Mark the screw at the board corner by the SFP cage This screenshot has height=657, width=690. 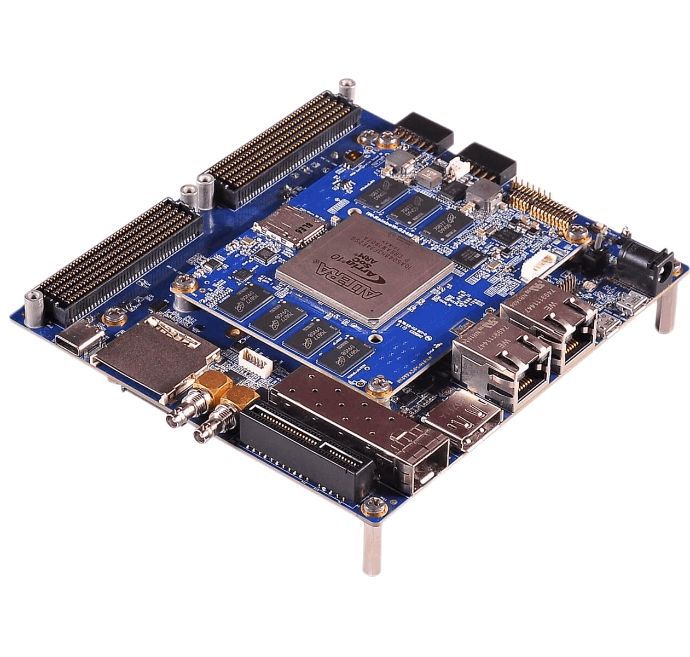(x=376, y=505)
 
